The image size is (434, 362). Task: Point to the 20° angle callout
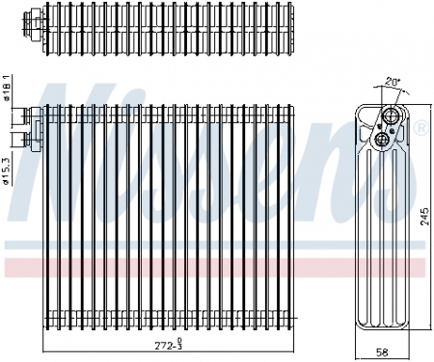pos(393,83)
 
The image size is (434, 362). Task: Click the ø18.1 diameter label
pos(8,88)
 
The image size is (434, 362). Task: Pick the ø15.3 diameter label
pos(8,165)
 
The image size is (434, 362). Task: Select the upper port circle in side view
pos(392,118)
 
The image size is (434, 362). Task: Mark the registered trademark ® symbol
pos(420,129)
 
